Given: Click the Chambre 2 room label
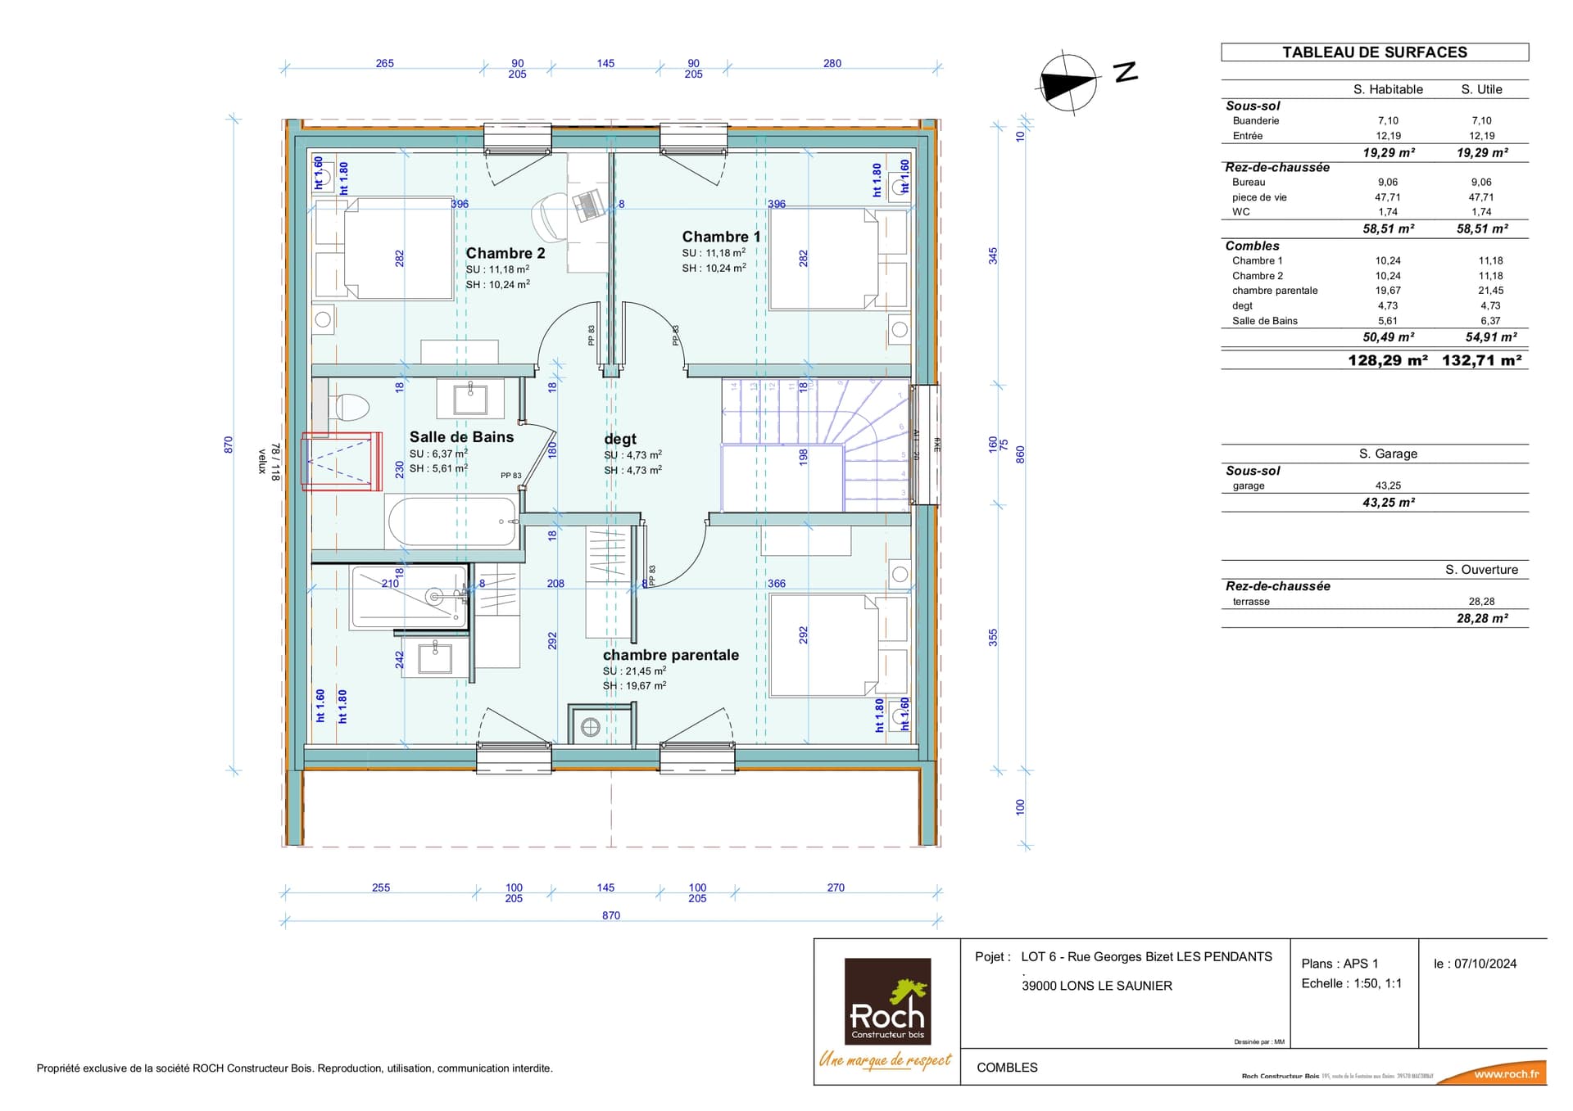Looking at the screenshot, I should [x=505, y=253].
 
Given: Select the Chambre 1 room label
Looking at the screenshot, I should [x=721, y=237].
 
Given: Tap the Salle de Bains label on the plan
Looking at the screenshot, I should [x=461, y=437].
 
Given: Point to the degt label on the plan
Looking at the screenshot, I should [x=619, y=439].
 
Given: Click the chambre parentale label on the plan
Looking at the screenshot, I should [x=670, y=655].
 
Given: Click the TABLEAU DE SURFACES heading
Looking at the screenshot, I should [x=1374, y=52].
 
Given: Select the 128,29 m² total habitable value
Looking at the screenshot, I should [x=1387, y=360].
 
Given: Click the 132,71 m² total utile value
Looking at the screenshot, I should [x=1481, y=360].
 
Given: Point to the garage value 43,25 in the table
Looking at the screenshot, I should [x=1387, y=485].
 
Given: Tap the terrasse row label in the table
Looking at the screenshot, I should [x=1250, y=602].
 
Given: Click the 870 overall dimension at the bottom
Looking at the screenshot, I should [x=610, y=915].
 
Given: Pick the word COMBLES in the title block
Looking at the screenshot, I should [x=1007, y=1068].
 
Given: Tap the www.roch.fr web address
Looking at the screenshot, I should [x=1506, y=1074].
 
